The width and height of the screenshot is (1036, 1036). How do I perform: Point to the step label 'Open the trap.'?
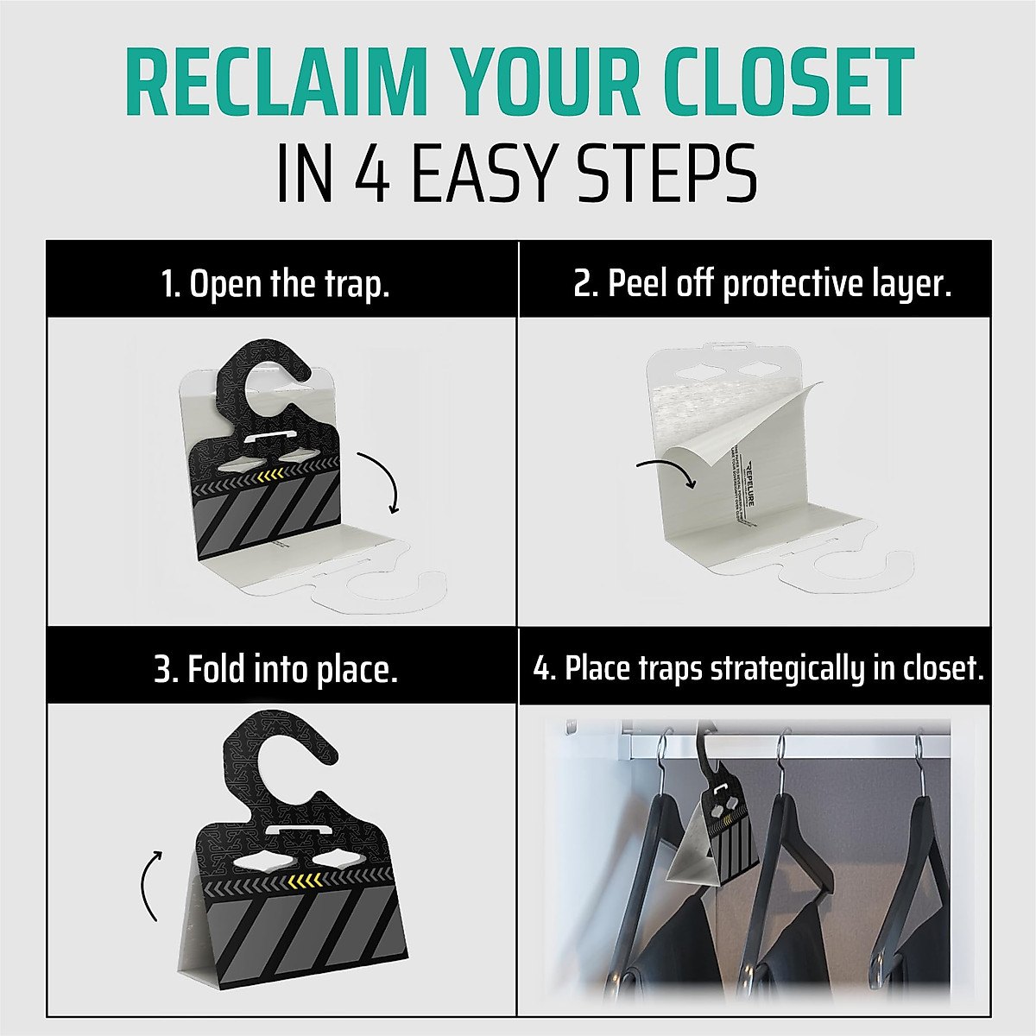275,283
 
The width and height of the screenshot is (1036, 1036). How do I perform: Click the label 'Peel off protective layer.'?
761,283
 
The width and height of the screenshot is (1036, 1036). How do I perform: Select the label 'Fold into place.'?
275,669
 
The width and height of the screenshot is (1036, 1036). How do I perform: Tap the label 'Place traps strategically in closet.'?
758,669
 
